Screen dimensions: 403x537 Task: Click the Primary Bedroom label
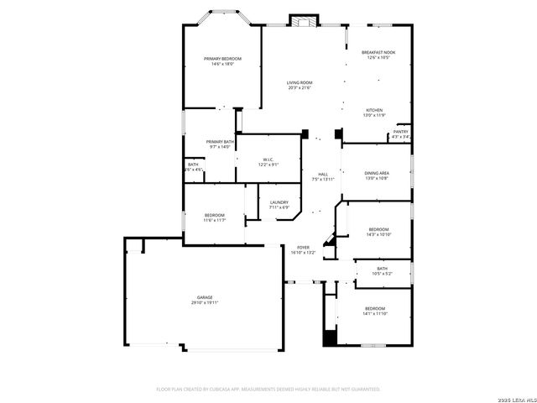(x=222, y=58)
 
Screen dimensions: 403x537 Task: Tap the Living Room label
(x=299, y=82)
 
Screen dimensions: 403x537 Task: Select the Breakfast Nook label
(x=378, y=53)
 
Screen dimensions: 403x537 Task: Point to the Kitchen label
(x=374, y=110)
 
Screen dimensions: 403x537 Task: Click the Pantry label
(x=400, y=132)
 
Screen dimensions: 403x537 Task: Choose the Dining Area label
(x=377, y=173)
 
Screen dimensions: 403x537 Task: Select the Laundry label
(x=279, y=202)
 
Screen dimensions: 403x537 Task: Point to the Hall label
(x=323, y=174)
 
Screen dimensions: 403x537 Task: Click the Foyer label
(x=303, y=248)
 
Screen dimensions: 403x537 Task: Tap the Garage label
(x=205, y=297)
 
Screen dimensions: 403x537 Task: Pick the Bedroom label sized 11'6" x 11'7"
(x=214, y=216)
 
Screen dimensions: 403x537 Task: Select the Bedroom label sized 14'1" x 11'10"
(x=374, y=308)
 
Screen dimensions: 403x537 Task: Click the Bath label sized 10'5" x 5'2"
(x=382, y=269)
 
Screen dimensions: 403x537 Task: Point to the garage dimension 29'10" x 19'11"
(x=205, y=302)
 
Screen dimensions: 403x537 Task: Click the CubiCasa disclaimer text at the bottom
(x=268, y=389)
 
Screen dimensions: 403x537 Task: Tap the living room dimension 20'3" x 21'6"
(x=299, y=87)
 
